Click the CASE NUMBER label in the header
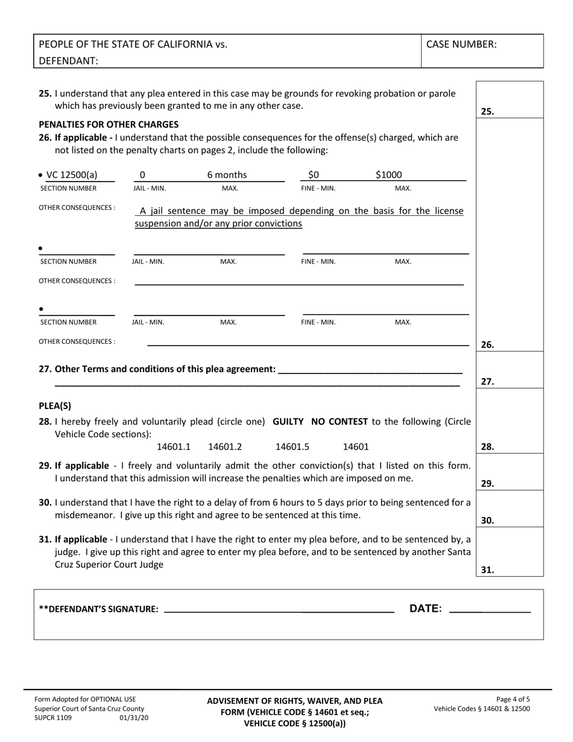pos(461,44)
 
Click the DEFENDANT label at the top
pos(69,60)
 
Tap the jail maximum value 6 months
pos(227,175)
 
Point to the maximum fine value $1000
pos(388,175)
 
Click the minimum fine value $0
pos(313,175)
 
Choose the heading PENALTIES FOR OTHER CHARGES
pos(109,125)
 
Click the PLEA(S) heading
pos(55,405)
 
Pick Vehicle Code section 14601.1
pos(174,446)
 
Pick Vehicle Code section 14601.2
pos(225,446)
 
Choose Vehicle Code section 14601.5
pos(293,446)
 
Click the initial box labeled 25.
pos(510,100)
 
